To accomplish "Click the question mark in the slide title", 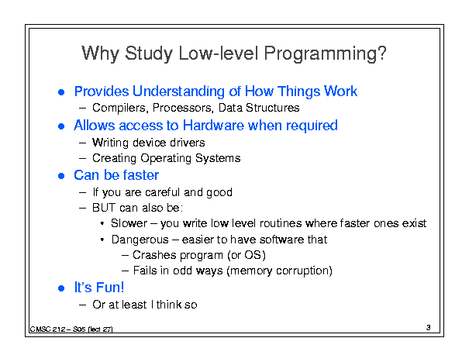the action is [x=381, y=53].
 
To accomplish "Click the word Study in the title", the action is [x=149, y=53].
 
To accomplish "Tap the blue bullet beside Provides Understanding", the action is [x=61, y=92].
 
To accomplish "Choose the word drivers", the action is [x=188, y=143].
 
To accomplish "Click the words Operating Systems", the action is [x=191, y=158].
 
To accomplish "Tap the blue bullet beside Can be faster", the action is [x=61, y=176].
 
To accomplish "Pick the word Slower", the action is [x=129, y=223].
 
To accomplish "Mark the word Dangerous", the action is [x=140, y=240].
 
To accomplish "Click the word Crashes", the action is [x=154, y=255].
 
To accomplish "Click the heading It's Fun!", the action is [x=99, y=288].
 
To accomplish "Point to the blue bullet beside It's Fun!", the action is [x=61, y=288].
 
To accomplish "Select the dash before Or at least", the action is [x=82, y=305].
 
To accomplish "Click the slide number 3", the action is [x=429, y=328].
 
